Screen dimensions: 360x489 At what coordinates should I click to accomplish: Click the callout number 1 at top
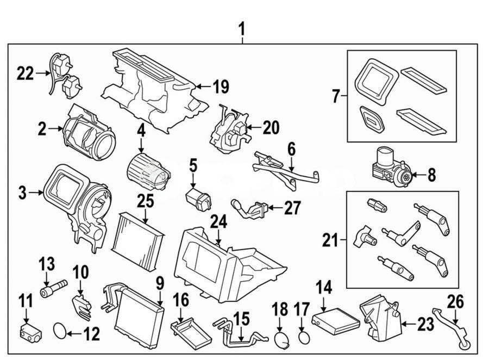coord(242,27)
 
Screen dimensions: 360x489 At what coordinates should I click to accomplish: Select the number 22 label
coord(25,73)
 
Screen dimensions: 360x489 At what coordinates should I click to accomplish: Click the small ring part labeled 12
coord(60,330)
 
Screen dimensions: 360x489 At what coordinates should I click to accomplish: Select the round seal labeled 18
coord(281,340)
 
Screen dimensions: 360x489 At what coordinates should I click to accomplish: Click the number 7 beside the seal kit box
coord(336,97)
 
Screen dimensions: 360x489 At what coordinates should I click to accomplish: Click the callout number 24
coord(218,222)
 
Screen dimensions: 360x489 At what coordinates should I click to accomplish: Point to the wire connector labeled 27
coord(248,207)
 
